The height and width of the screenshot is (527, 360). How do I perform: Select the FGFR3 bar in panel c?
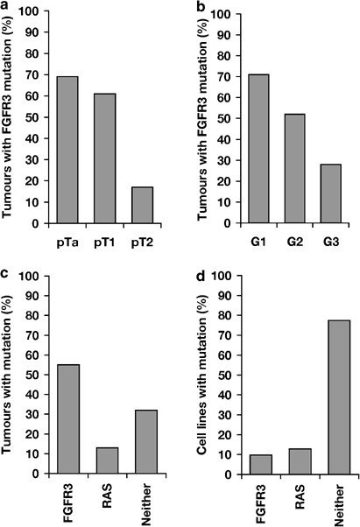click(67, 419)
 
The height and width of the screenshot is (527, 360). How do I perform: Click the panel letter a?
click(7, 7)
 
